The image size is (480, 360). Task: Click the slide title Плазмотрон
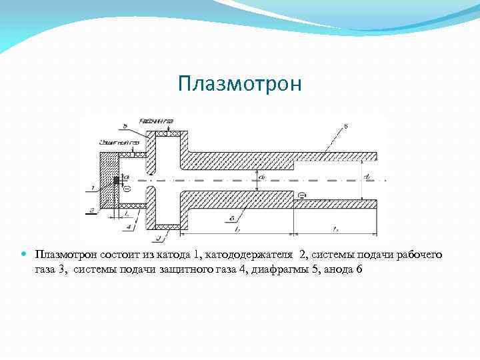240,84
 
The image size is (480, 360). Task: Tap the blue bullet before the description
25,255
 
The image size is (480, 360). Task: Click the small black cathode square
117,180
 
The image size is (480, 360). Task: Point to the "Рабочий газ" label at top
156,121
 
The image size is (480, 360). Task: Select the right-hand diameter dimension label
368,177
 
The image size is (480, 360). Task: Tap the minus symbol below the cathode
127,189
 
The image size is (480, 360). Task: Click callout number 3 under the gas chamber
157,236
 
